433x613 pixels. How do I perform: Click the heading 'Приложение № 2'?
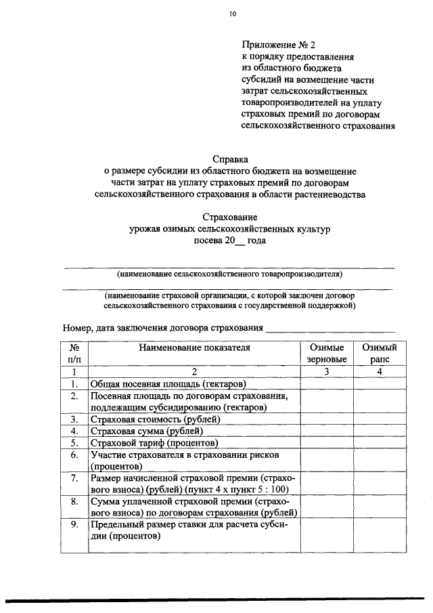(278, 45)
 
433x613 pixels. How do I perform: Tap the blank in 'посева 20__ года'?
(241, 242)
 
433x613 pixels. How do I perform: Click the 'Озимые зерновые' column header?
(327, 353)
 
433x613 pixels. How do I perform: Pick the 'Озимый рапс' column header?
(380, 353)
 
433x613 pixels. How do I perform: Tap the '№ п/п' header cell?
(74, 353)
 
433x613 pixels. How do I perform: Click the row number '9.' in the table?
(74, 525)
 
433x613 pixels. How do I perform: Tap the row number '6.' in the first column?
(74, 455)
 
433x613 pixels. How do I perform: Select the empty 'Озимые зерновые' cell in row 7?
(327, 484)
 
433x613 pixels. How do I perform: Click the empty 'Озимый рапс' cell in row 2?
(380, 401)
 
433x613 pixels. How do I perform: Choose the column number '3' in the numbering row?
(327, 371)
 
